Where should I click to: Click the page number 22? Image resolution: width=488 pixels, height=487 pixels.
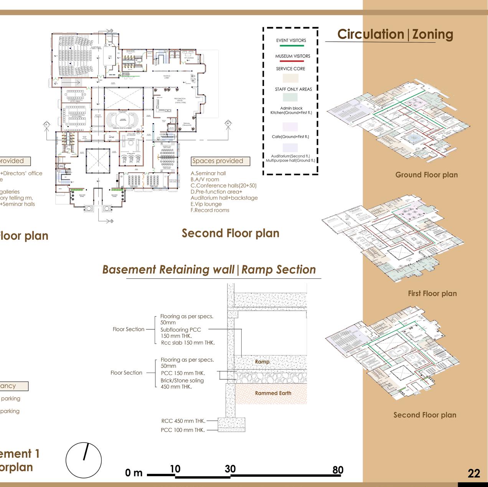[474, 474]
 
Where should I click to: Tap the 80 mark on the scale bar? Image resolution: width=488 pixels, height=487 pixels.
[338, 470]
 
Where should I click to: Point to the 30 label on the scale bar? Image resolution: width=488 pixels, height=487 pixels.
[230, 469]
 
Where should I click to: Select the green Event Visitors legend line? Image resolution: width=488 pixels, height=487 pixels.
[292, 46]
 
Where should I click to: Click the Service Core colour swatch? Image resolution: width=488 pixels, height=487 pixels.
[290, 78]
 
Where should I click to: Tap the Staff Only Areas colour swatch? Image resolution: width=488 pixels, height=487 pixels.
[290, 97]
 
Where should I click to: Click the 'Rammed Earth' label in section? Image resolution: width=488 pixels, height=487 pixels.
[273, 393]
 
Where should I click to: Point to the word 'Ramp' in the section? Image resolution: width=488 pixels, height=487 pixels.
[262, 362]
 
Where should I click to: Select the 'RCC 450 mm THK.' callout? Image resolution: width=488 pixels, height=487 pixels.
[183, 421]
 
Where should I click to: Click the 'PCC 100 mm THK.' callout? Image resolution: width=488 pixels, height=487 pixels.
[183, 430]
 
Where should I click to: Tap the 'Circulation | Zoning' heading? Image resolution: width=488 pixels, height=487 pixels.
[395, 35]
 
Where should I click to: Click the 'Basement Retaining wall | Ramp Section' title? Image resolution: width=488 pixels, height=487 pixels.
[209, 270]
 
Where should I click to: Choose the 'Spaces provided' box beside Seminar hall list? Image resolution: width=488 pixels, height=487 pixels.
[220, 161]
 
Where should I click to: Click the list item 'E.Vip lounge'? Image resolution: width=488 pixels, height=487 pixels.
[206, 204]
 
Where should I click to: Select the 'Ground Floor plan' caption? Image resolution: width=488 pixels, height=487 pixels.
[426, 175]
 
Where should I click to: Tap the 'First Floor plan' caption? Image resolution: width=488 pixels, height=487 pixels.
[432, 294]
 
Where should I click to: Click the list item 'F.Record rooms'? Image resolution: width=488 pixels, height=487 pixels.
[210, 210]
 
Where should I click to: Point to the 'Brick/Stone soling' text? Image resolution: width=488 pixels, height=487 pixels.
[182, 380]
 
